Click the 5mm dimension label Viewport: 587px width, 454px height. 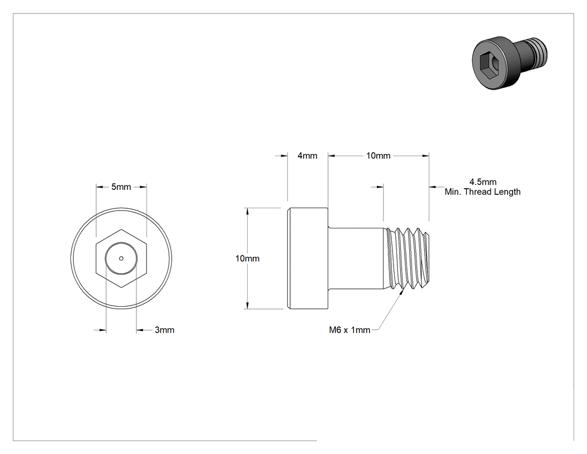[x=121, y=187]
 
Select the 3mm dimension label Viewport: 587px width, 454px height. [x=164, y=330]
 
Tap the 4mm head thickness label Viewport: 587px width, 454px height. [x=307, y=156]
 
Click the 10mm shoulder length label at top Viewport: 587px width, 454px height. [x=378, y=156]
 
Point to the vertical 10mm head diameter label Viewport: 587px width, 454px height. [x=248, y=258]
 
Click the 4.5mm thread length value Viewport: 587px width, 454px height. [x=483, y=182]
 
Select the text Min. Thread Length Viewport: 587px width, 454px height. [x=482, y=192]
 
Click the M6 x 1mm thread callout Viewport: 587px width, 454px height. [x=349, y=330]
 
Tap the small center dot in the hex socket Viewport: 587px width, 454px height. [x=121, y=258]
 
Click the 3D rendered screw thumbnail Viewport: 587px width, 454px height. [x=509, y=63]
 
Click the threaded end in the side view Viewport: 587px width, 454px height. [x=408, y=259]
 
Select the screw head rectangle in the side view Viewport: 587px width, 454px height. [x=307, y=258]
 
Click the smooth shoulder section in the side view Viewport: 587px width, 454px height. [x=357, y=258]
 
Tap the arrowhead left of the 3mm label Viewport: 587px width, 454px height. [x=102, y=330]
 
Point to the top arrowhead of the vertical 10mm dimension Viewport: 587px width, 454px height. [x=247, y=212]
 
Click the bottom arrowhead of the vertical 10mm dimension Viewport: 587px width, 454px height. [x=247, y=305]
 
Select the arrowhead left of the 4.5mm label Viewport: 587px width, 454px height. [x=433, y=186]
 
